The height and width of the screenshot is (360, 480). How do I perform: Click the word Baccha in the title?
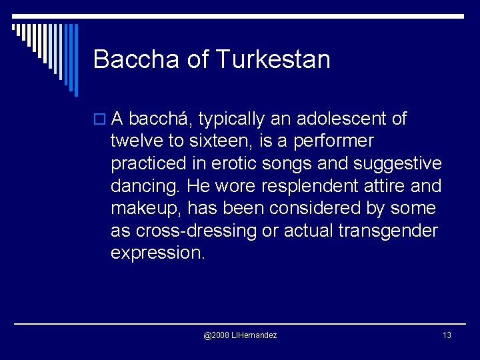click(137, 59)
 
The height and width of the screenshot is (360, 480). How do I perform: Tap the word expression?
click(157, 253)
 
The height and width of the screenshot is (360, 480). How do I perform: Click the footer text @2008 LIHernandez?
click(240, 335)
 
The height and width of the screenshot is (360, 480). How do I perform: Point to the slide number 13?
click(447, 335)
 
